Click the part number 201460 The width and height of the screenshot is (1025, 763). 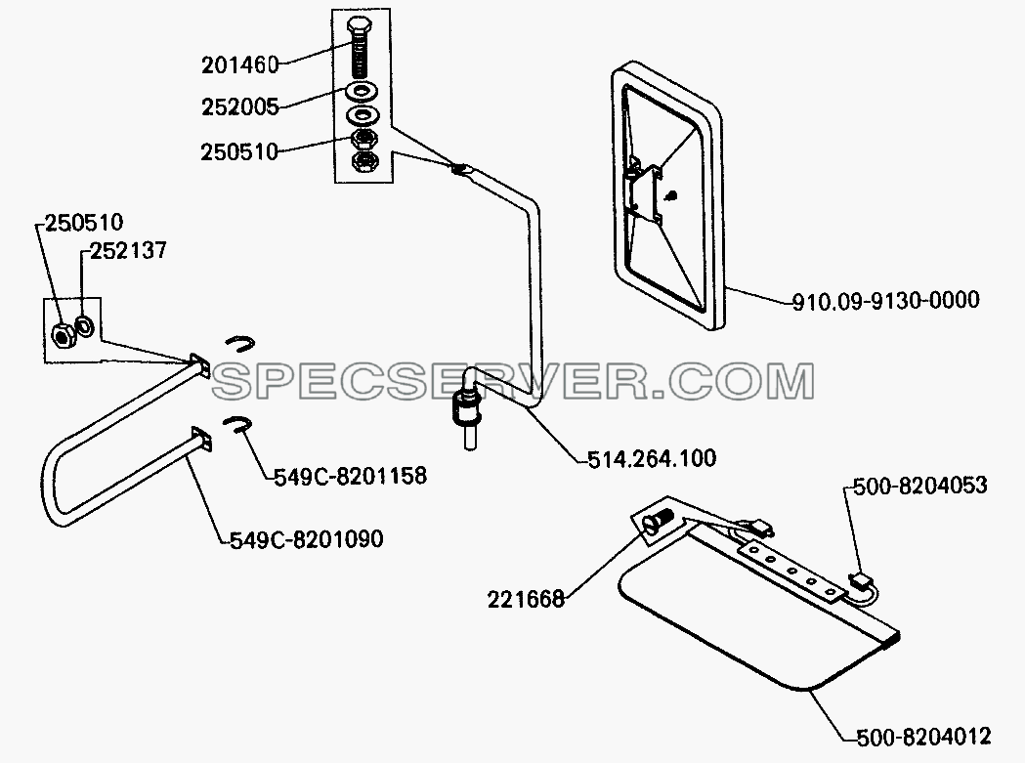point(240,64)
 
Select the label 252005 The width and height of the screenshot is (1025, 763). point(240,107)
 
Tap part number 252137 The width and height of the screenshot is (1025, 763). point(128,250)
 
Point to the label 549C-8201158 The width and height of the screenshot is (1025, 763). point(350,476)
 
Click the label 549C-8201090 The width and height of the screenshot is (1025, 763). point(307,539)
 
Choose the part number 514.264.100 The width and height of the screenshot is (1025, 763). point(652,459)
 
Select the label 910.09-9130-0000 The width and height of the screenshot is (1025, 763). point(886,301)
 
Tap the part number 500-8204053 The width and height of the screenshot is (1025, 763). point(919,486)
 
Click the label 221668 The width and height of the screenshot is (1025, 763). point(526,600)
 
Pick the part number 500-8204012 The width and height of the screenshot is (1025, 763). point(923,737)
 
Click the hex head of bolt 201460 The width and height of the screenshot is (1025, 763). point(359,27)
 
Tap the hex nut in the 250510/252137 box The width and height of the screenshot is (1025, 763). point(63,335)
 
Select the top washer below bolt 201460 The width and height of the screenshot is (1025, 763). point(360,90)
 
